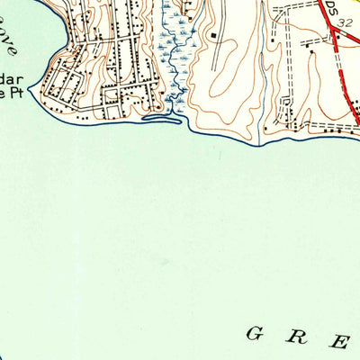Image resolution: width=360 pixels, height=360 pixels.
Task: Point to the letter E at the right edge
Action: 342,342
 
